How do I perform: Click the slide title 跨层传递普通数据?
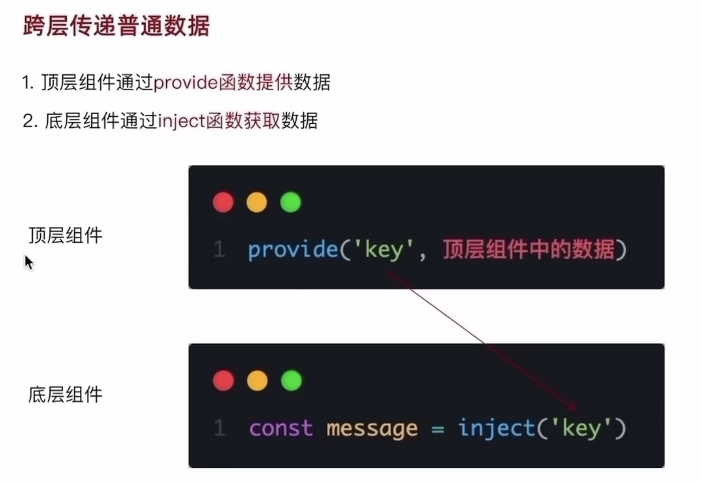coord(116,26)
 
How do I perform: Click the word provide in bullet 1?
coord(186,83)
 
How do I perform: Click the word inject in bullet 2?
coord(181,121)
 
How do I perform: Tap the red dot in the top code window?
coord(223,202)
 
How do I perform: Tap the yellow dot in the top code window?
coord(257,202)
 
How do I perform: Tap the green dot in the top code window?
coord(291,202)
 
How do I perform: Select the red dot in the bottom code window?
coord(223,381)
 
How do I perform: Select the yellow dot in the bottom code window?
coord(257,381)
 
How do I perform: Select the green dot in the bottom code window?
coord(291,381)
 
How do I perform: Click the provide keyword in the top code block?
coord(293,249)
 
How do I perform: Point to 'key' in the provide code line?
coord(384,249)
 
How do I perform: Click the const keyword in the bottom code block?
coord(281,428)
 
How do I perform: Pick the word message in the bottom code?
coord(372,428)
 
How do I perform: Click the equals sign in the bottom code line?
coord(438,429)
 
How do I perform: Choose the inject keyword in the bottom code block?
coord(497,428)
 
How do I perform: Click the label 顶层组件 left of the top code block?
coord(66,235)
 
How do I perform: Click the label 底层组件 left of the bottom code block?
coord(66,395)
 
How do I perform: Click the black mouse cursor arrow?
coord(28,262)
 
